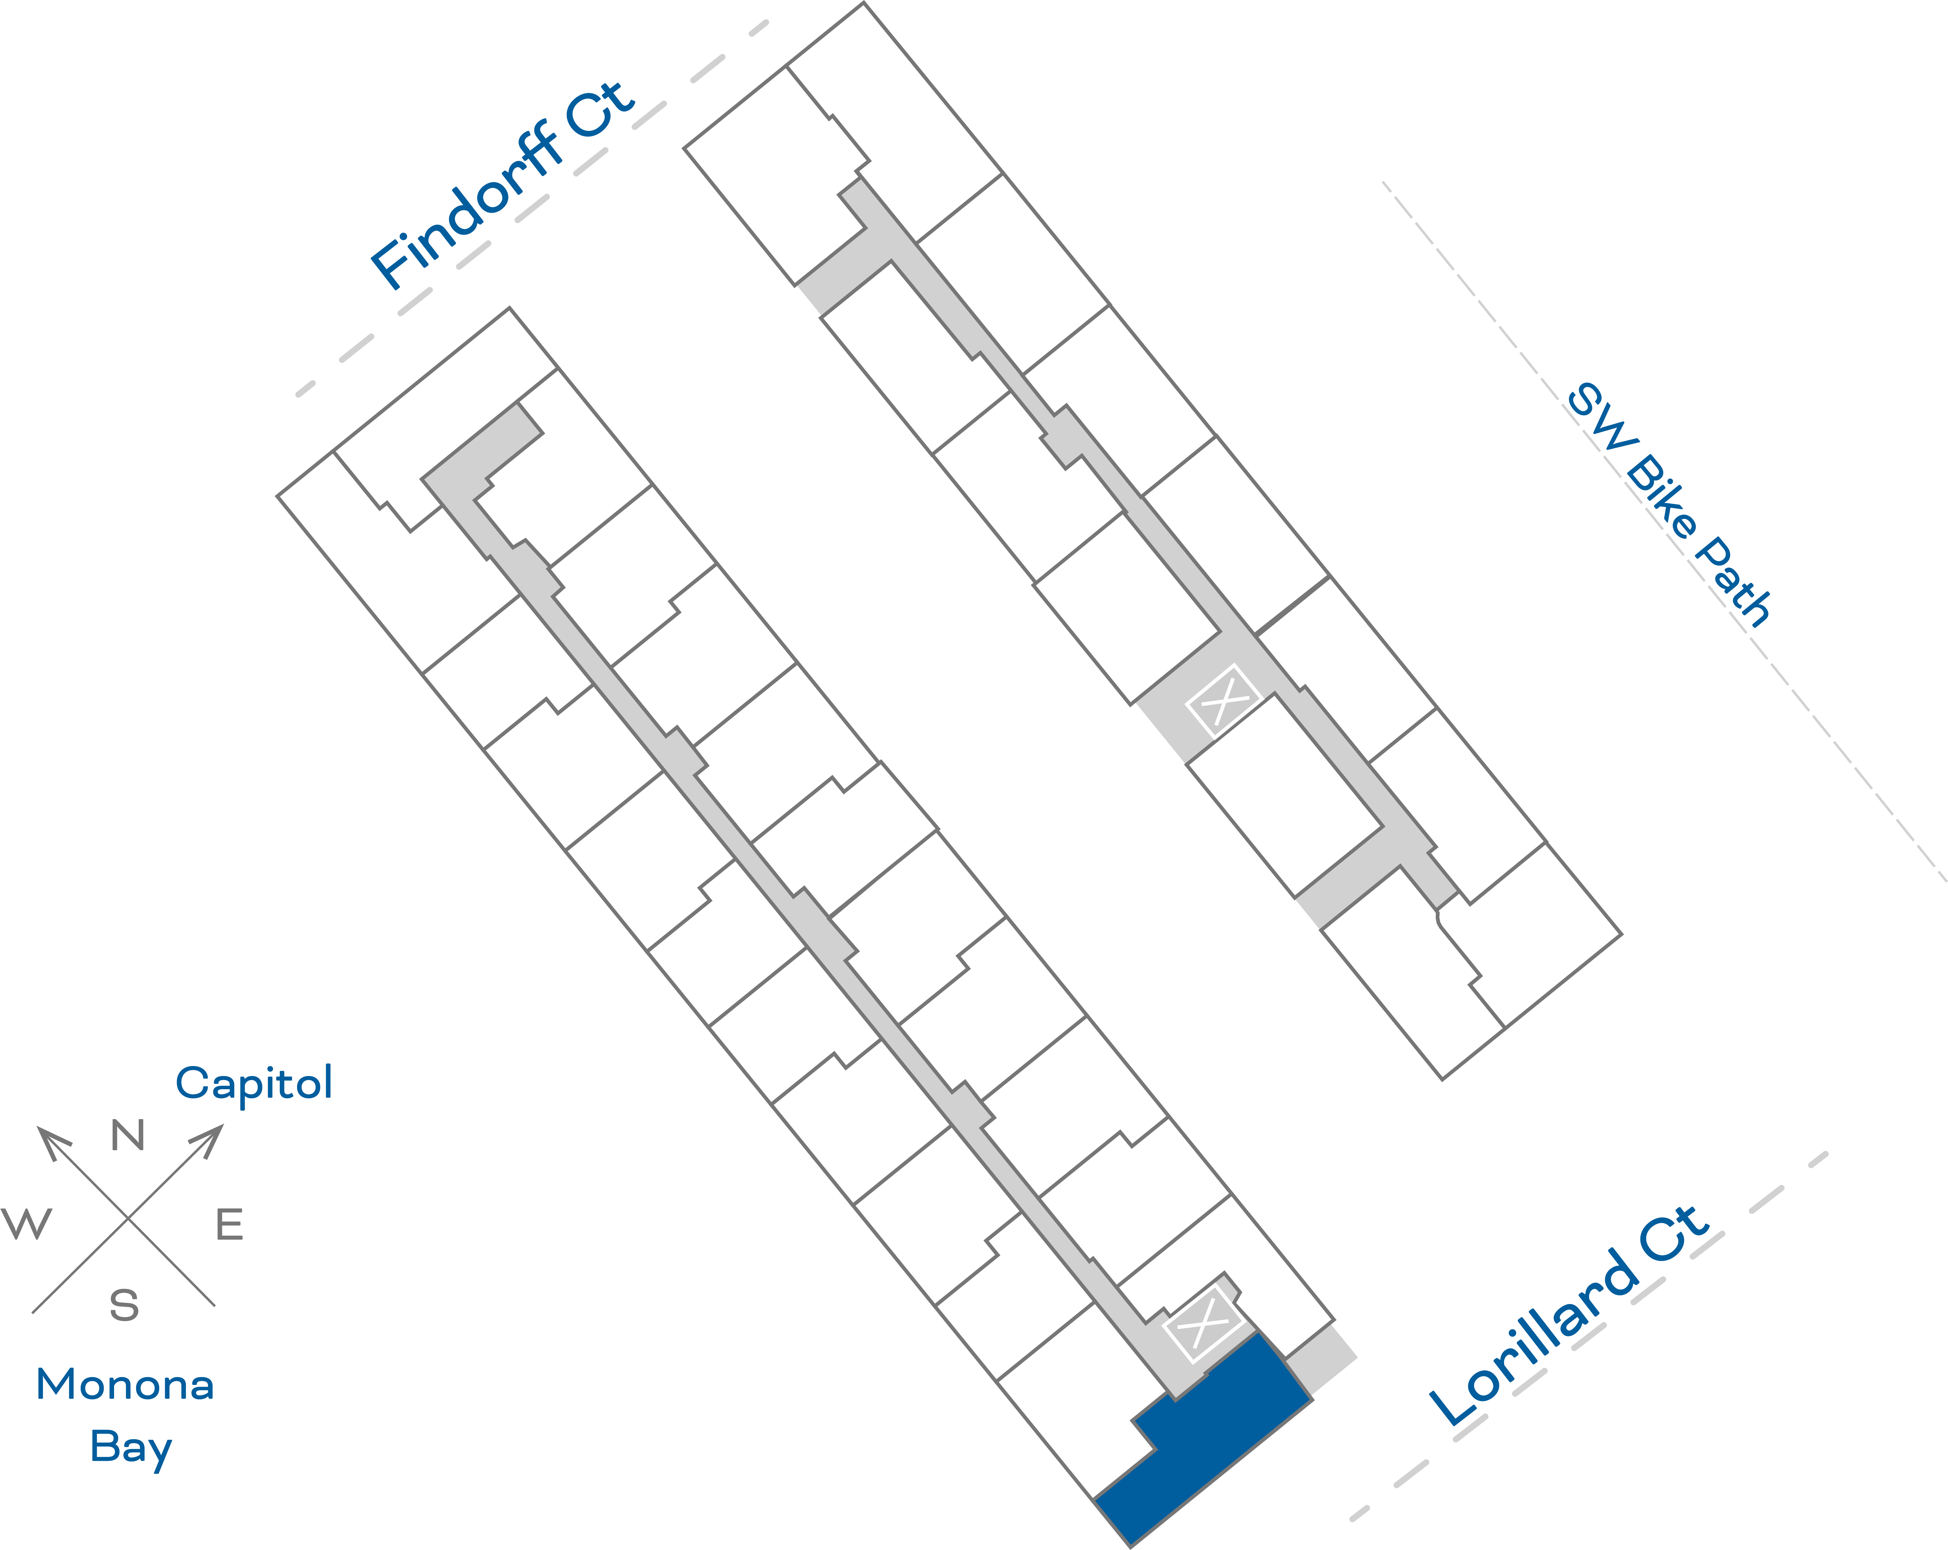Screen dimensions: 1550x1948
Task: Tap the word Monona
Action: click(125, 1385)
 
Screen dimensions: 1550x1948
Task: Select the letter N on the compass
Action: click(127, 1136)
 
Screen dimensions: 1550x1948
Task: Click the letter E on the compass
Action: click(230, 1225)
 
